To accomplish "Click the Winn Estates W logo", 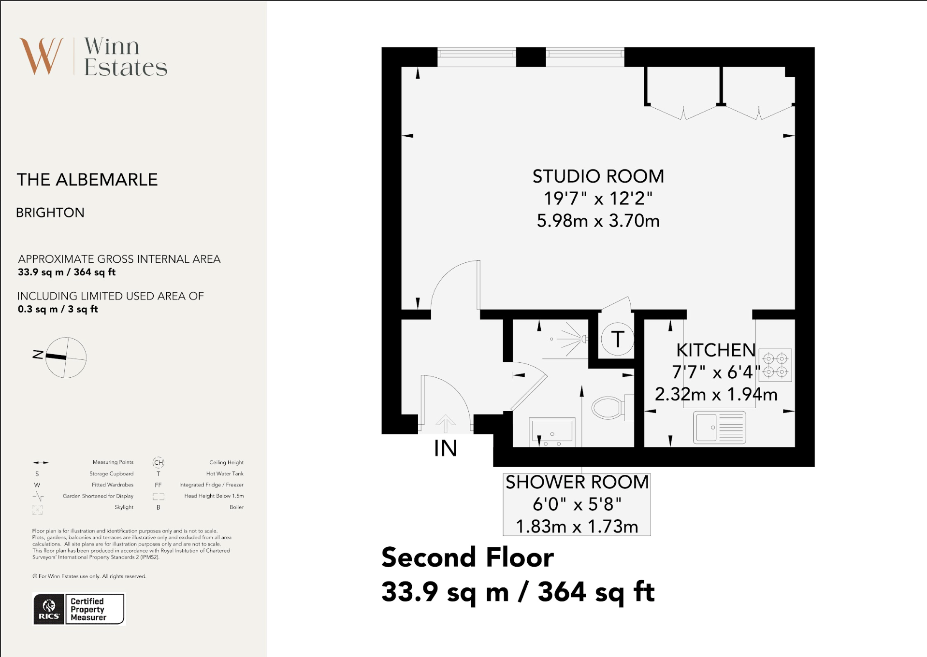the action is point(42,56).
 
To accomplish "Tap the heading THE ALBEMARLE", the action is point(87,180).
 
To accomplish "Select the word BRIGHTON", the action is point(50,213).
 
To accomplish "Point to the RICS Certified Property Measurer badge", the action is point(79,609).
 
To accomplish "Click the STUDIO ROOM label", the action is point(598,176).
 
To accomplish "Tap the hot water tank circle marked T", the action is point(618,339).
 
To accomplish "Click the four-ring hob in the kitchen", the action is point(775,365).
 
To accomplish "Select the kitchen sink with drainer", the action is point(720,428).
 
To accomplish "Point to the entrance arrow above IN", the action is point(445,424).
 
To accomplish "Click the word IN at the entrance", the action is point(446,448).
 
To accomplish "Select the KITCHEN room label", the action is point(716,350).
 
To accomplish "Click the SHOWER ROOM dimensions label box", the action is point(577,504).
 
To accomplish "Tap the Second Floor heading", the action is point(467,557).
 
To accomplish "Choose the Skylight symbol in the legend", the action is point(38,509).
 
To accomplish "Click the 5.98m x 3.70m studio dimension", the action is point(598,221).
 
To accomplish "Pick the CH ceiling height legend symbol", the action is point(159,462).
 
